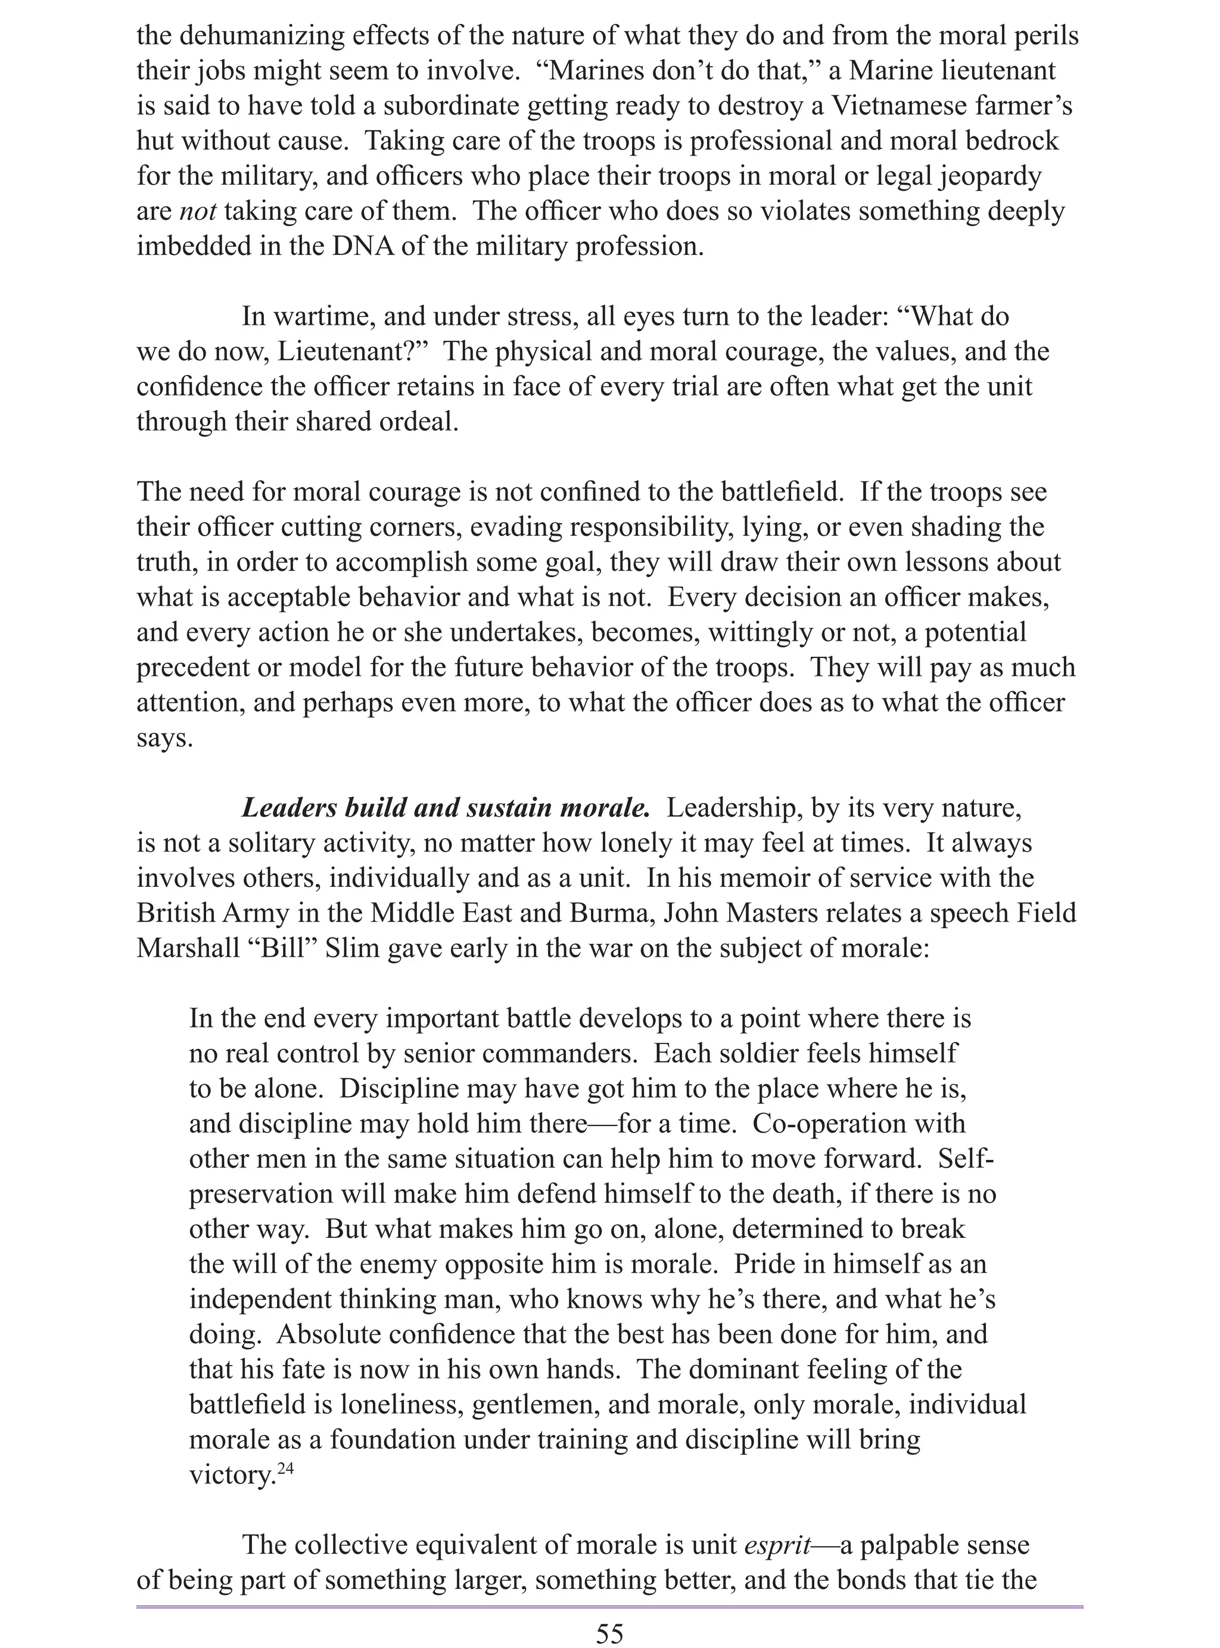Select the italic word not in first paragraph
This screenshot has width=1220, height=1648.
click(197, 211)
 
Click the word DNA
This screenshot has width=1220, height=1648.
click(363, 246)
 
